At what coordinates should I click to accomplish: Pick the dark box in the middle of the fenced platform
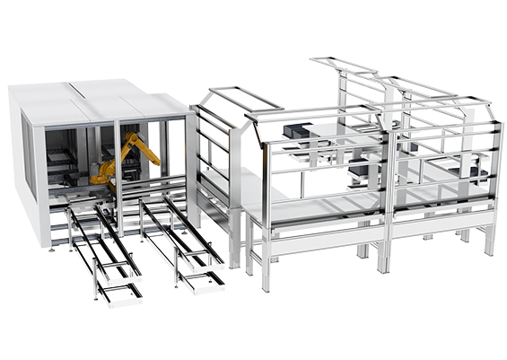tap(360, 171)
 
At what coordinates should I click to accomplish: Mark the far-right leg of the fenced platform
tap(489, 239)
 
